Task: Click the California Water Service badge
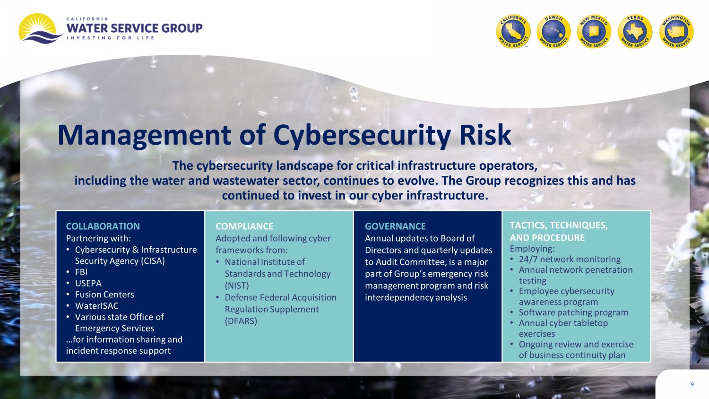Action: (x=513, y=31)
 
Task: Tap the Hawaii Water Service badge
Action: (x=553, y=31)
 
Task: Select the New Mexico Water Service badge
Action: (x=594, y=31)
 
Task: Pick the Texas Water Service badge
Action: (x=635, y=31)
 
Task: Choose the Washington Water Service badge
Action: (x=676, y=31)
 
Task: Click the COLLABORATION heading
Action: (x=103, y=226)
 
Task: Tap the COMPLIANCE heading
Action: (x=244, y=226)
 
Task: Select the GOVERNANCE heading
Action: (x=395, y=226)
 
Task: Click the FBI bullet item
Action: (x=81, y=272)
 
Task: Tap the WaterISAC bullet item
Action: (x=97, y=305)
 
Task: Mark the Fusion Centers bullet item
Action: (x=104, y=295)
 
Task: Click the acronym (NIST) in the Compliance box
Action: (x=237, y=286)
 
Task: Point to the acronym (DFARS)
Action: (x=241, y=321)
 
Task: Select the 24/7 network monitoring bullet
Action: (x=570, y=259)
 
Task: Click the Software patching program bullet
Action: (x=573, y=312)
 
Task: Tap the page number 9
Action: (x=692, y=384)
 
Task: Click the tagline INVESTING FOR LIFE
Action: (x=111, y=38)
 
